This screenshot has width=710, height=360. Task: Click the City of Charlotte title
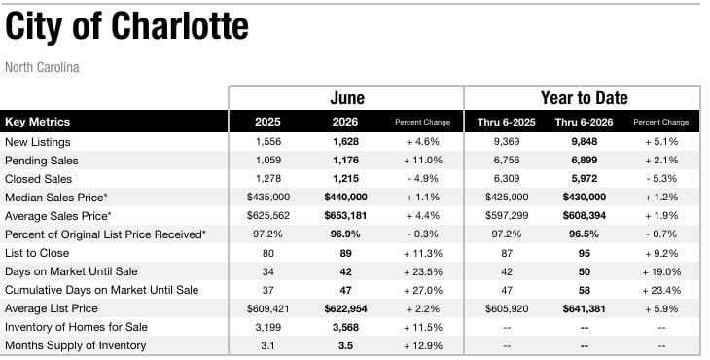pyautogui.click(x=126, y=26)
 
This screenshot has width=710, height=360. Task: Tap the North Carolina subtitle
pyautogui.click(x=42, y=67)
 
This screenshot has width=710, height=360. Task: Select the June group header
pyautogui.click(x=347, y=98)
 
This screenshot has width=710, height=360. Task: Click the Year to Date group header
pyautogui.click(x=585, y=98)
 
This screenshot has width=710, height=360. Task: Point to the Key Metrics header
pyautogui.click(x=38, y=122)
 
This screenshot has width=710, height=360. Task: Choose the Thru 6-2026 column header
pyautogui.click(x=585, y=122)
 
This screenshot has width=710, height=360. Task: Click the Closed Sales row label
pyautogui.click(x=39, y=179)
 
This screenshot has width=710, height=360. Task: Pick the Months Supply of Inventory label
pyautogui.click(x=76, y=345)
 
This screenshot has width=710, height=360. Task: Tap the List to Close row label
pyautogui.click(x=37, y=253)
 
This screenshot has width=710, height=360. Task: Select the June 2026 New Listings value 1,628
pyautogui.click(x=345, y=142)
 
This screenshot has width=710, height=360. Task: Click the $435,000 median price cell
pyautogui.click(x=268, y=197)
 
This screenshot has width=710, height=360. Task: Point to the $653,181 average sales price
pyautogui.click(x=345, y=216)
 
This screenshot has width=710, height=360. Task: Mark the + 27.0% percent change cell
pyautogui.click(x=423, y=290)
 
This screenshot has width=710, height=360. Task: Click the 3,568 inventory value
pyautogui.click(x=345, y=327)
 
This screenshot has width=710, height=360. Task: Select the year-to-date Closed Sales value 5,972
pyautogui.click(x=585, y=179)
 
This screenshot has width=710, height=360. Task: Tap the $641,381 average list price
pyautogui.click(x=585, y=308)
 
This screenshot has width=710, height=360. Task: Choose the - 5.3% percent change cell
pyautogui.click(x=661, y=179)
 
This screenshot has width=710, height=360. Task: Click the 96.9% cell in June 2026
pyautogui.click(x=345, y=234)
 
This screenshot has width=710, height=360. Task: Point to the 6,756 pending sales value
pyautogui.click(x=507, y=161)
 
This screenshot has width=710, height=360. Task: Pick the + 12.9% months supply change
pyautogui.click(x=423, y=345)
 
